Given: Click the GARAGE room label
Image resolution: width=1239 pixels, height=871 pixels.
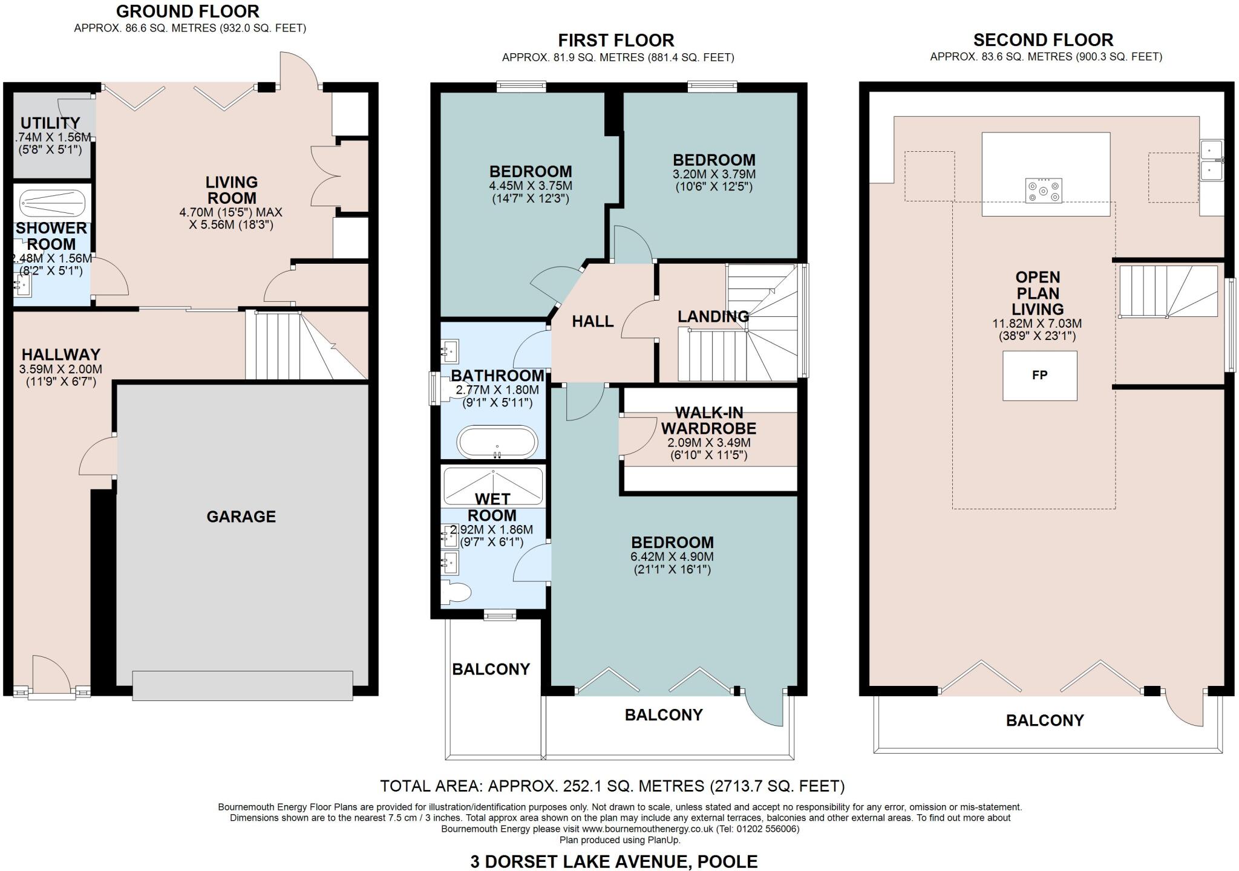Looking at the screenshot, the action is coord(241,517).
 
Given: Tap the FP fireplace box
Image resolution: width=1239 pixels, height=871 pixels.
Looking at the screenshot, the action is coord(1039,376).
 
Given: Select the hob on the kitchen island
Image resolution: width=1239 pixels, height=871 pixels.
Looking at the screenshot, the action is coord(1044,191).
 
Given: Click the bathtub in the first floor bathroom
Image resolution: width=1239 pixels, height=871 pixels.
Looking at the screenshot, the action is coord(497,443).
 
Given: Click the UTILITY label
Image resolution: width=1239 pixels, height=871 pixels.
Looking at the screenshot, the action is coord(50,123).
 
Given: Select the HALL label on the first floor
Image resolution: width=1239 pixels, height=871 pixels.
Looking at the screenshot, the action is coord(593,321).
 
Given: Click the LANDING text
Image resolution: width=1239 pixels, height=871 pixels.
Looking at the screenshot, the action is coord(713,316).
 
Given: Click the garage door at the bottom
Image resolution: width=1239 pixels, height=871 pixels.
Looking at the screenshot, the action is coord(242,685).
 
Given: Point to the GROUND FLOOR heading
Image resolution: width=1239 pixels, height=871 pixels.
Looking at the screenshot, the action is coord(188,11).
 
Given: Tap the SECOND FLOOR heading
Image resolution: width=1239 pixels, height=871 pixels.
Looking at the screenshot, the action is coord(1043,40).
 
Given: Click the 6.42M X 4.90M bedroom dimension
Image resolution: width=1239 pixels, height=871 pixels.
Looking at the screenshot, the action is coord(672,556).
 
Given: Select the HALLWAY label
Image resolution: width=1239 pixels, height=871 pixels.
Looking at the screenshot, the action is coord(61,354).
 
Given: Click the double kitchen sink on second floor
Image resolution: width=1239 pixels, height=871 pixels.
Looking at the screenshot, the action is coord(1212,160).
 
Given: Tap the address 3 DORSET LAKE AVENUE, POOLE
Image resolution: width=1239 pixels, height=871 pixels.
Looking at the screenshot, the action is coord(613,861).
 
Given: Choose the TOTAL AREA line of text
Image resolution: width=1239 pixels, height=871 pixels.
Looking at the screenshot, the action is coord(612,786).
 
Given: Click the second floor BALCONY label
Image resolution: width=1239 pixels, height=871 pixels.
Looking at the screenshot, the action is coord(1045,720).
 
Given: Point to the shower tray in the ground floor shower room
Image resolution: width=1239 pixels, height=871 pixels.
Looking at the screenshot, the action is coord(52,201).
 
